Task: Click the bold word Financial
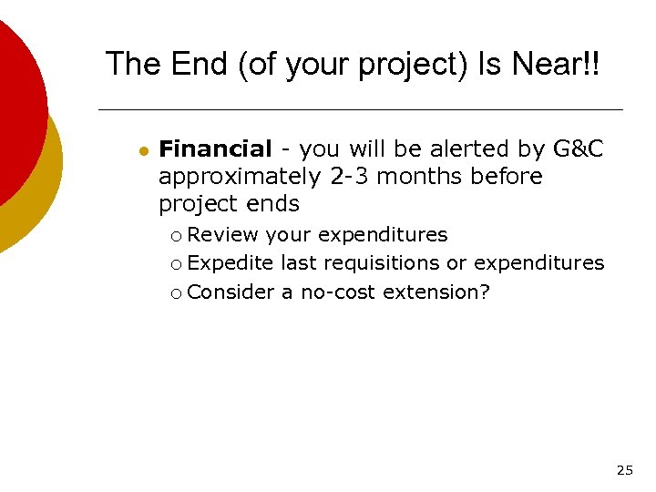tap(215, 149)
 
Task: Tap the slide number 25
tap(624, 471)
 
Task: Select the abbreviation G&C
tap(578, 149)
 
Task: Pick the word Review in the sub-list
tap(224, 235)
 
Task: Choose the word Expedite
tap(231, 263)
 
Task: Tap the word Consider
tap(231, 292)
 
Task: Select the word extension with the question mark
tap(436, 292)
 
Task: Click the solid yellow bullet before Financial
tap(142, 151)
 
